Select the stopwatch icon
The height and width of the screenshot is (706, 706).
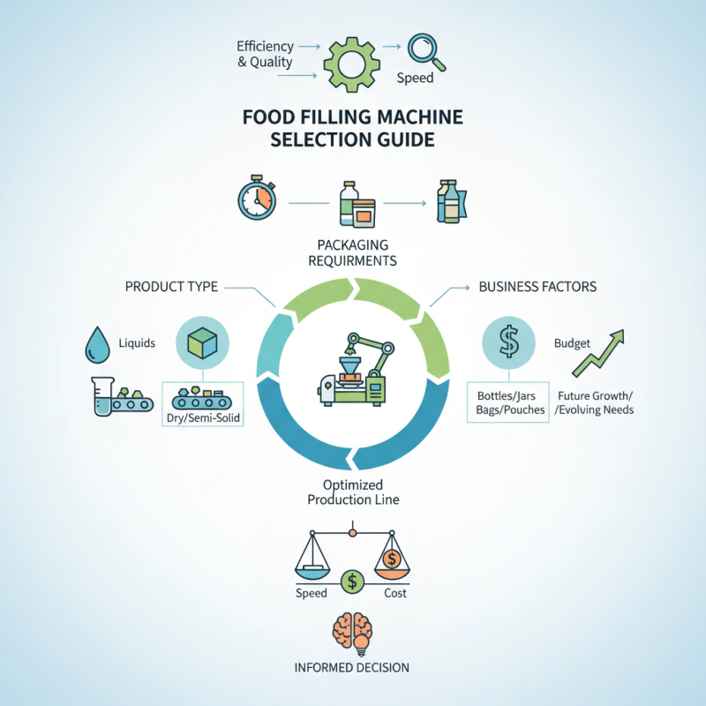pos(255,200)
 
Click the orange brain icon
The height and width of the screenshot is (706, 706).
pos(352,632)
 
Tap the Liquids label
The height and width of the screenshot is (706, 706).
pos(136,342)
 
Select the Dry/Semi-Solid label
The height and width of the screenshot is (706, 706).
pos(204,417)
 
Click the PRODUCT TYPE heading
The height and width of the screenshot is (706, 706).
pos(171,287)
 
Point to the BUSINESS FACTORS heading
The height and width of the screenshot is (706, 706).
pos(537,287)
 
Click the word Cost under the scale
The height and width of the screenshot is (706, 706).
pos(395,593)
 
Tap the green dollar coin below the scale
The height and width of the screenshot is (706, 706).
pos(353,581)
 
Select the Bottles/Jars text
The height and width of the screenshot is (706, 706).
pos(506,394)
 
